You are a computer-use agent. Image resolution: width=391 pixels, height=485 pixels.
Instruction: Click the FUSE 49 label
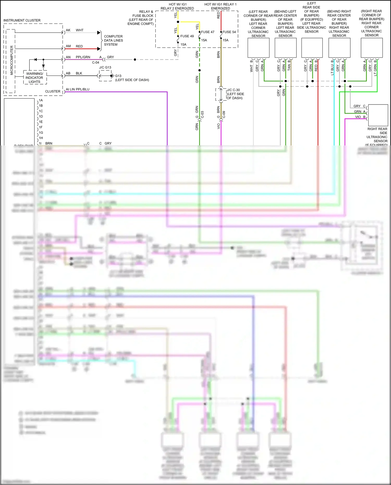(x=187, y=36)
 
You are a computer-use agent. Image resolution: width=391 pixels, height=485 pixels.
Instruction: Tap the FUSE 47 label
(x=207, y=32)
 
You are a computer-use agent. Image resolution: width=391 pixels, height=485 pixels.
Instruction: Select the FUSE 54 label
(x=229, y=32)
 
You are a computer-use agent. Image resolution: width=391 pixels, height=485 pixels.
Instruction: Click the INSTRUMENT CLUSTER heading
(x=22, y=20)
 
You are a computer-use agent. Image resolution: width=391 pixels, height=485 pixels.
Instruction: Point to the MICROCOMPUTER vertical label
(x=11, y=60)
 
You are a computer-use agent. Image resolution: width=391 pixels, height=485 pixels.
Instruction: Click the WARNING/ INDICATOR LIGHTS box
(x=35, y=78)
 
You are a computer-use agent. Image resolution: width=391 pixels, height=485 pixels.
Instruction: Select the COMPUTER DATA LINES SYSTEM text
(x=113, y=40)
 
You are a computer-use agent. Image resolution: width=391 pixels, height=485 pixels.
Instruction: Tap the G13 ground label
(x=118, y=76)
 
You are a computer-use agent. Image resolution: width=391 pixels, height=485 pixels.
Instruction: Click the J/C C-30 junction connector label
(x=233, y=90)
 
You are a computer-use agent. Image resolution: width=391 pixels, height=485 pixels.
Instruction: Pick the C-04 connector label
(x=95, y=63)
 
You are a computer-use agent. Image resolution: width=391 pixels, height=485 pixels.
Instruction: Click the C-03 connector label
(x=203, y=115)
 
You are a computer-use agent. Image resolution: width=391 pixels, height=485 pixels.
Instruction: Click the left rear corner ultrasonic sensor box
(x=258, y=48)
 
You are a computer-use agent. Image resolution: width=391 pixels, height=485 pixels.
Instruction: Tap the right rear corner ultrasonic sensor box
(x=371, y=48)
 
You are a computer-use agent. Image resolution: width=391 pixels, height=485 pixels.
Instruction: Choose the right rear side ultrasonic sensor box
(x=378, y=115)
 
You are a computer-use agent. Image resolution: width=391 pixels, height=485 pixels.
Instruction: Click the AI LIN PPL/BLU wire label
(x=77, y=89)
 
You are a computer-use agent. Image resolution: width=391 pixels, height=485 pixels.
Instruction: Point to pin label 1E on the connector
(x=41, y=122)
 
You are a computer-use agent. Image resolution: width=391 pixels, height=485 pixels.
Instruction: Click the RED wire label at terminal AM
(x=79, y=46)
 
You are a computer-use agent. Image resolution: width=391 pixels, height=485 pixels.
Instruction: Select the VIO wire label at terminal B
(x=358, y=117)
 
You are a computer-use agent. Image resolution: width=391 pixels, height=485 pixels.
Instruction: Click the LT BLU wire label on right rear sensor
(x=332, y=70)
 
